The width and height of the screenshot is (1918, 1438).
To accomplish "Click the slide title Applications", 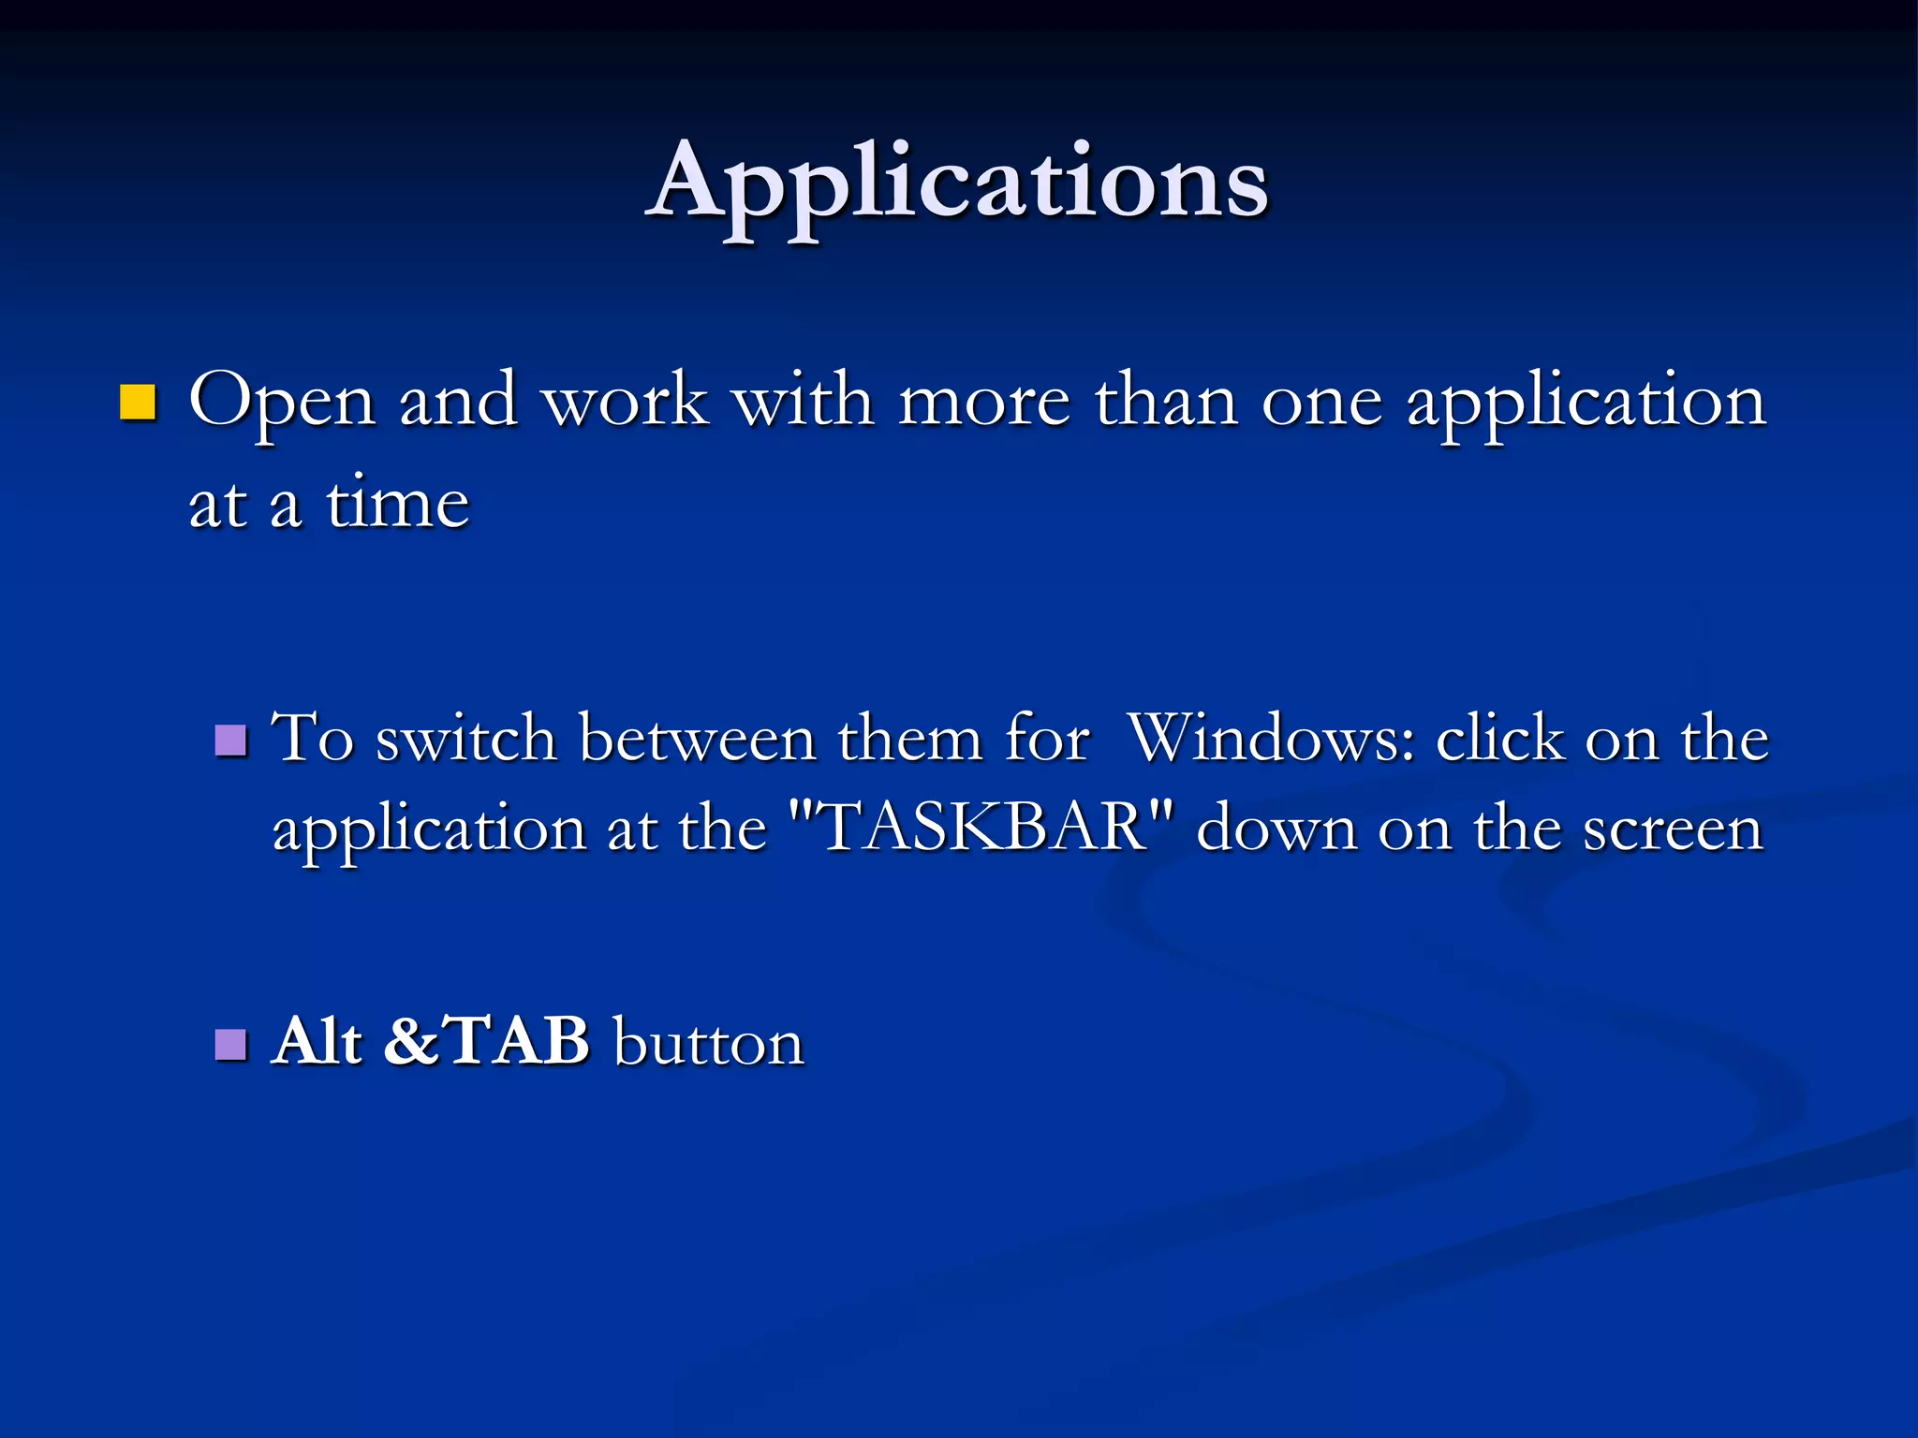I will tap(957, 182).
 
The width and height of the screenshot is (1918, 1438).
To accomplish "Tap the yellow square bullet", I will tap(138, 402).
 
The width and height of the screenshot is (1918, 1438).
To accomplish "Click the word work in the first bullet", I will tap(626, 402).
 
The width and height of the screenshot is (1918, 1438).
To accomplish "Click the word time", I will tap(397, 505).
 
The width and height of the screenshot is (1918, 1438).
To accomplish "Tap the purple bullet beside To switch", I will tap(230, 740).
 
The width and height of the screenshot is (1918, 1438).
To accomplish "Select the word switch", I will tap(466, 740).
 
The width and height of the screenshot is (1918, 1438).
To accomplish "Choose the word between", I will tap(698, 740).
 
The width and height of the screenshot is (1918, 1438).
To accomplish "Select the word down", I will tap(1276, 829).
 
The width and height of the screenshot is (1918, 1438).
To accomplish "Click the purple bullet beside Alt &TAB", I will tap(230, 1043).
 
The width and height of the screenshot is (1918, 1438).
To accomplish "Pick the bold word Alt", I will tap(317, 1041).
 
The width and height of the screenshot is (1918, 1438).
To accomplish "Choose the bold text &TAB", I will tap(487, 1041).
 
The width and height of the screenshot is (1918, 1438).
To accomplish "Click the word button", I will tap(709, 1043).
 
